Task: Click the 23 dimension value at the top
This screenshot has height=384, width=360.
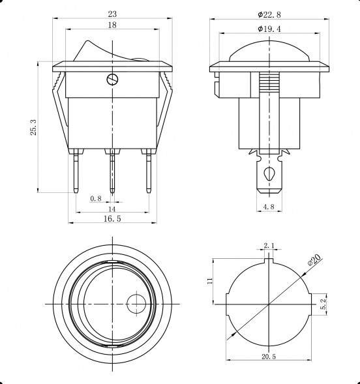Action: (x=112, y=14)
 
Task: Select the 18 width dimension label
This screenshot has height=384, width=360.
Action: (x=112, y=25)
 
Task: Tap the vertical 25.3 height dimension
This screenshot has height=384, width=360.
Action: (x=33, y=127)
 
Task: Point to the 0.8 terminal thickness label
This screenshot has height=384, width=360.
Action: (x=96, y=198)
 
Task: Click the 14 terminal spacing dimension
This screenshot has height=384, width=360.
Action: (x=112, y=209)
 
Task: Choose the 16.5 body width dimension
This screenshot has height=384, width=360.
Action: (x=112, y=218)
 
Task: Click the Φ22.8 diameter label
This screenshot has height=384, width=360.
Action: (x=269, y=15)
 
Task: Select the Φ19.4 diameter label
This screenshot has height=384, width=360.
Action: (x=269, y=29)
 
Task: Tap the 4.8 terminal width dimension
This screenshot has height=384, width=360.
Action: (x=269, y=207)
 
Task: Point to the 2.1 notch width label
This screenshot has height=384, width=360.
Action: (x=269, y=245)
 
